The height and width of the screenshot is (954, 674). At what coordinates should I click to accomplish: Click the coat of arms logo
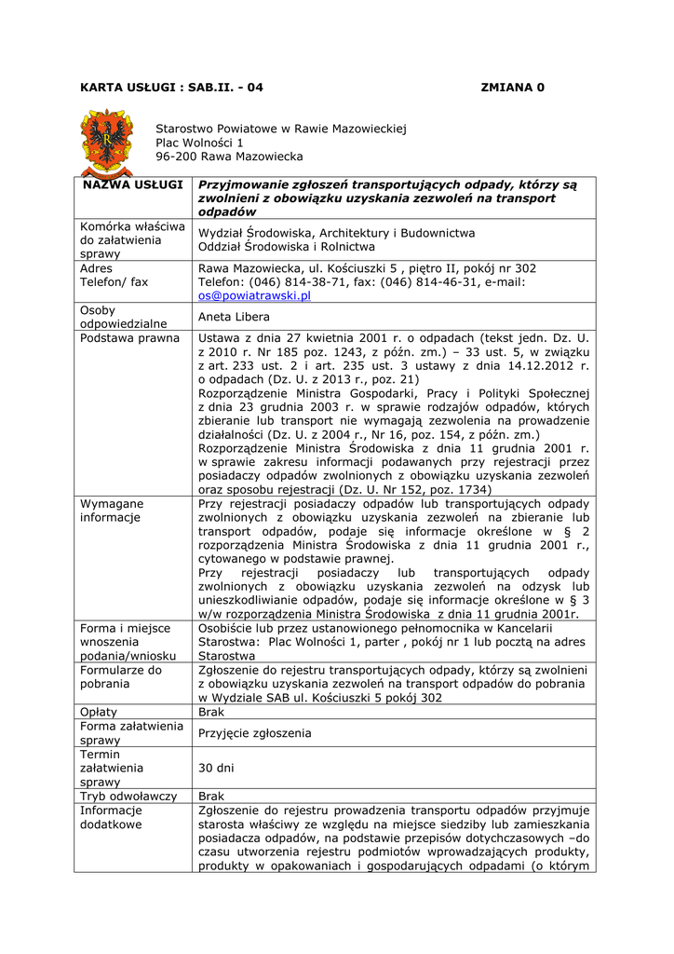coord(108,143)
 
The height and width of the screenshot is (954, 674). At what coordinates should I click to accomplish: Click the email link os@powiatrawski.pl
coord(254,295)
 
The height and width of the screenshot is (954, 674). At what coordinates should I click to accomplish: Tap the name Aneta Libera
coord(234,317)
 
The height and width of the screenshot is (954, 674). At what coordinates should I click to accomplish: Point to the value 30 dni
coord(217,769)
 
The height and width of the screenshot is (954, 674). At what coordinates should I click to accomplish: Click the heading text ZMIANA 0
coord(512,88)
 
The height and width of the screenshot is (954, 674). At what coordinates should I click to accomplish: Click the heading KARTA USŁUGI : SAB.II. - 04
coord(172,88)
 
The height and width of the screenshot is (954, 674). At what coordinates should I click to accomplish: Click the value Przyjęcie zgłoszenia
coord(254,733)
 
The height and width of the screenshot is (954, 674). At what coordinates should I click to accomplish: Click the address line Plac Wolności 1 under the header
coord(199,143)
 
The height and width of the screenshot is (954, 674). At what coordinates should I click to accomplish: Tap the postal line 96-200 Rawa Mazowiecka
coord(229,157)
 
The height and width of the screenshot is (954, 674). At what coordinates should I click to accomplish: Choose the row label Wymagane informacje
coord(112,511)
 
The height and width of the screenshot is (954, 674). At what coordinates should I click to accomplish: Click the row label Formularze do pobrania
coord(121,676)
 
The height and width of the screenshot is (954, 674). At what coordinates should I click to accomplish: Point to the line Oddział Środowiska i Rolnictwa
coord(287,247)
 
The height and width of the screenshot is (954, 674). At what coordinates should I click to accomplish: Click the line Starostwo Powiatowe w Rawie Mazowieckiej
coord(280,129)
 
